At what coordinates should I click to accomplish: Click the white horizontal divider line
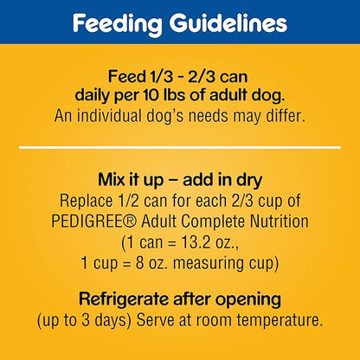(179, 149)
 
